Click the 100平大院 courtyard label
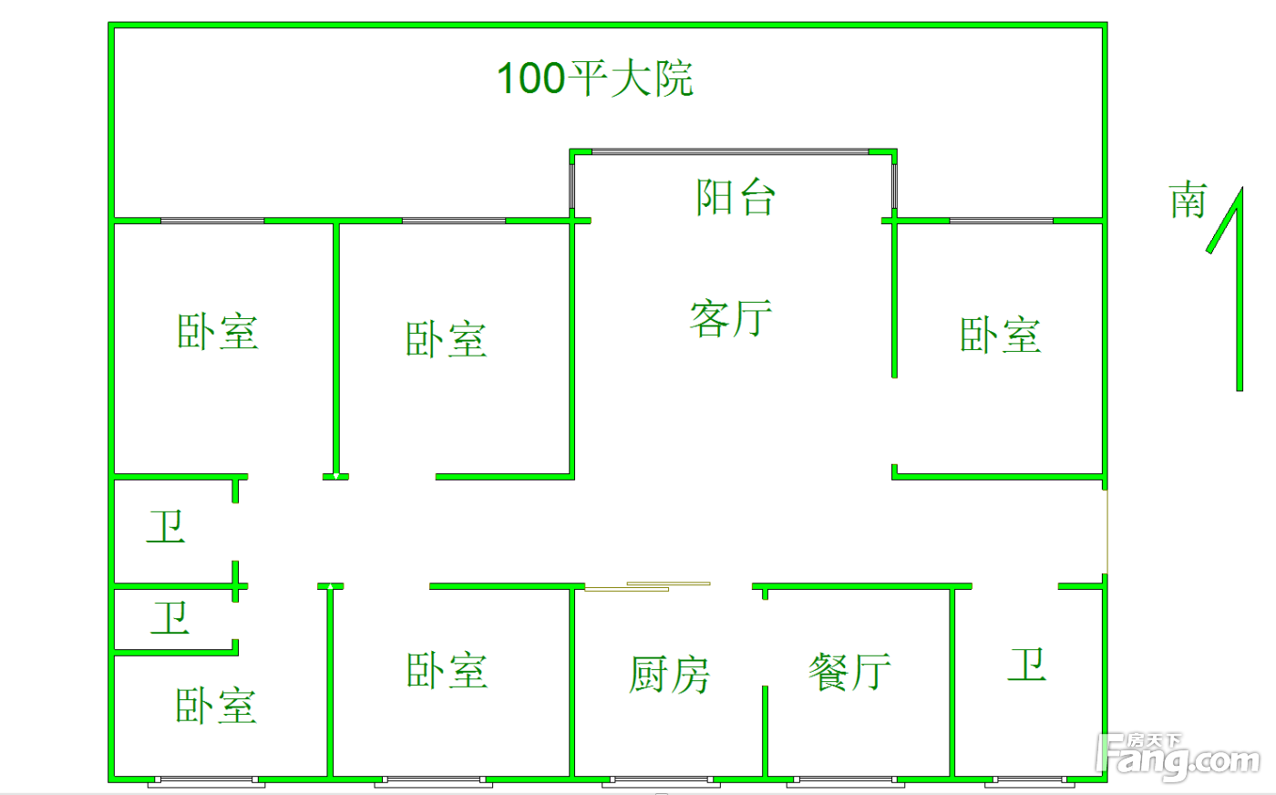tap(594, 78)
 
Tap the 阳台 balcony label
tap(736, 197)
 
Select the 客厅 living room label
tap(731, 318)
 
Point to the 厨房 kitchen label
tap(669, 675)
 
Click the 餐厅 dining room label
tap(849, 673)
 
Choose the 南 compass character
tap(1189, 201)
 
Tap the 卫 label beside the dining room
tap(1026, 665)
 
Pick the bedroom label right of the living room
tap(1000, 336)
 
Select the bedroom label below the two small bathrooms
tap(216, 707)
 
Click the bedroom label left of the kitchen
tap(447, 671)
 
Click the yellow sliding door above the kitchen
tap(647, 586)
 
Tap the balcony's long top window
tap(730, 151)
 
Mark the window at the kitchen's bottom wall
tap(661, 780)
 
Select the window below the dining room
tap(845, 780)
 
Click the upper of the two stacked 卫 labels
tap(166, 527)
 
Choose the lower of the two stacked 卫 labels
tap(170, 618)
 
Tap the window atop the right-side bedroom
tap(1001, 221)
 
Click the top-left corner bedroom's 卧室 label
tap(217, 332)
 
